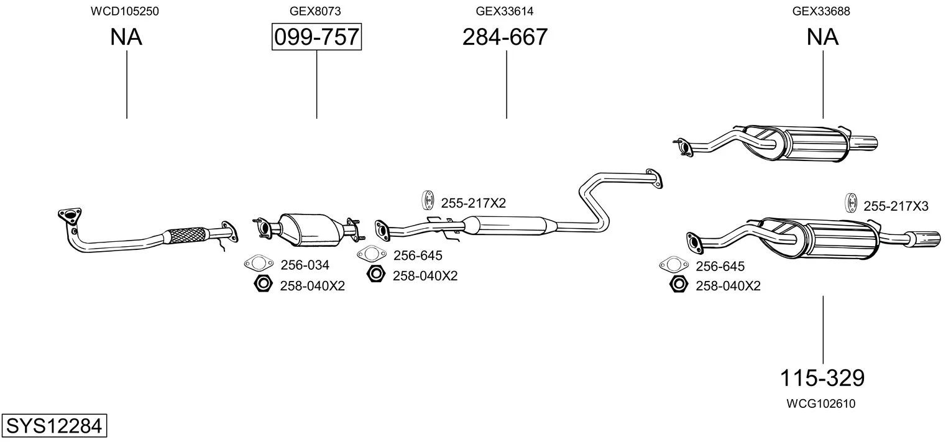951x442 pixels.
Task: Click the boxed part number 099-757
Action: tap(317, 37)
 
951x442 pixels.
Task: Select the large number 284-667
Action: tap(505, 37)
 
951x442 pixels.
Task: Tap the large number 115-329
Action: tap(822, 377)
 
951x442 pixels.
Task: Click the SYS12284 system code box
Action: tap(54, 425)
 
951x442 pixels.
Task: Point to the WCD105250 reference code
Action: tap(125, 11)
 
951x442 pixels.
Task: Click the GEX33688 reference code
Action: tap(821, 11)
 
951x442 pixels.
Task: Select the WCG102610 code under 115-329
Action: tap(820, 403)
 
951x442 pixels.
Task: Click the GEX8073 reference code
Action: tap(315, 11)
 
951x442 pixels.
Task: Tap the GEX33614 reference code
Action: tap(504, 11)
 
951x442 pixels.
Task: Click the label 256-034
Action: tap(305, 265)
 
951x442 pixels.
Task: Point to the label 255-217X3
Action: tap(896, 206)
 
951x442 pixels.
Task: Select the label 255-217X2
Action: tap(474, 203)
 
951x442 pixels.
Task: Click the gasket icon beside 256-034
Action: tap(259, 264)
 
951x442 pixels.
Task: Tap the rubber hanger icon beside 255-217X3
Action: tap(851, 203)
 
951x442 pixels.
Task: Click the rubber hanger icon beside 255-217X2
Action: tap(428, 200)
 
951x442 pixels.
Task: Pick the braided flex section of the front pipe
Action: tap(185, 235)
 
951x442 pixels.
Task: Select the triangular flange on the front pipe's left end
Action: tap(69, 215)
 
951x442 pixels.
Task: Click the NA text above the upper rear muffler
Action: tap(822, 37)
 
